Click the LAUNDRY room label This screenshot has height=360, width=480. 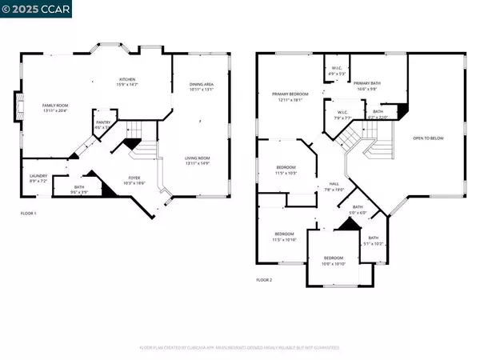38,177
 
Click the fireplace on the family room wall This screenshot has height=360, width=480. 18,107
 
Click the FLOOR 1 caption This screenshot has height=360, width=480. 29,214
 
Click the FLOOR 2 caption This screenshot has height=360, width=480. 264,280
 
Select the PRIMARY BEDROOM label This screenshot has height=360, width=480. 285,97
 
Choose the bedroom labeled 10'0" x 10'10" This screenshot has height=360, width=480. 327,260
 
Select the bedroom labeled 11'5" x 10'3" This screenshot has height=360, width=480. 286,170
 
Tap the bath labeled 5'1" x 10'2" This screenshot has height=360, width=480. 373,240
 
